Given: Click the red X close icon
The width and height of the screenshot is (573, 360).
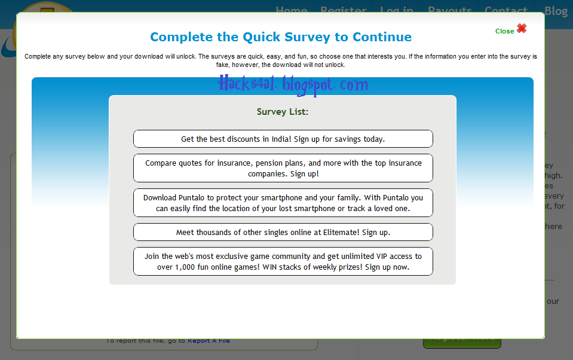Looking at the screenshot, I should [522, 28].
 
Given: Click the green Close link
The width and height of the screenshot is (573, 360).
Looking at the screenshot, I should [504, 31].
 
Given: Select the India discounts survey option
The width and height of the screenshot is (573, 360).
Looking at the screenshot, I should [283, 139].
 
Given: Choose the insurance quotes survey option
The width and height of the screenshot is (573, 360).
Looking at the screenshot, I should [283, 168].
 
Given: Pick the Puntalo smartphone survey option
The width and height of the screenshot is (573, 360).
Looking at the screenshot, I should [283, 203].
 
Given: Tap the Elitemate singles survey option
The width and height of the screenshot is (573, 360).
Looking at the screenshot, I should [283, 232].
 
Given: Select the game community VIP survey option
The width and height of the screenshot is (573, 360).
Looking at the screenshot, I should [283, 261].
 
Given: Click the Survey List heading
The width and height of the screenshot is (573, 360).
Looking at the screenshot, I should [282, 111].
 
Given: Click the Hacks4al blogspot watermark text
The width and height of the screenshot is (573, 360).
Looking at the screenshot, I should [293, 85].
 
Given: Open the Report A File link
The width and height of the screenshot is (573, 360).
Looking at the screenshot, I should [209, 341].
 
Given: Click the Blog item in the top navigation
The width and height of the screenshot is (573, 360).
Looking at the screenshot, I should [556, 11].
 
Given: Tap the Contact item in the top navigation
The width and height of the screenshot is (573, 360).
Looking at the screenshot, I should [505, 11].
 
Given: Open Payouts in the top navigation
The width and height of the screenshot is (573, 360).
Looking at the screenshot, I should [449, 11].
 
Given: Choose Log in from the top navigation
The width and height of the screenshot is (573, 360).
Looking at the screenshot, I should [396, 11].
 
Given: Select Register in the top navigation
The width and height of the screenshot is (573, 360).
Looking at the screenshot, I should [343, 11].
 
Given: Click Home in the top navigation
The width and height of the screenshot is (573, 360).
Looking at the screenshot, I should [292, 11].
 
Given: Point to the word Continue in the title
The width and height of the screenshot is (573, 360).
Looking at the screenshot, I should [382, 37].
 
